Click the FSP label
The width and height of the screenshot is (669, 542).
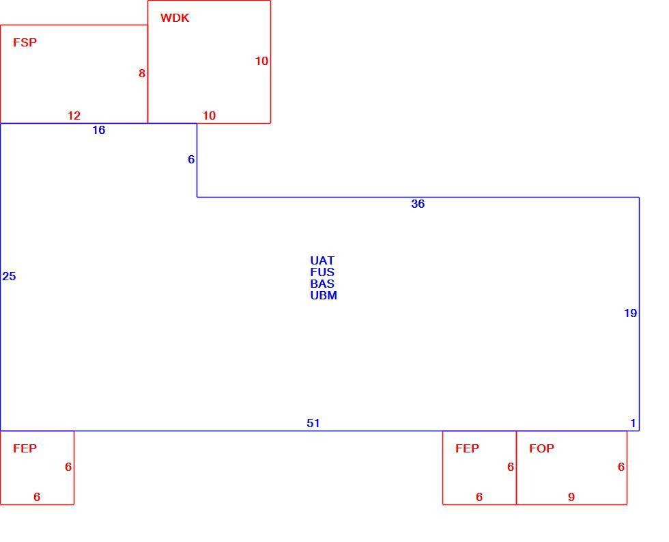pos(25,42)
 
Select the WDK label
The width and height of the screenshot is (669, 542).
pos(175,18)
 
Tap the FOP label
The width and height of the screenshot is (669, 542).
pos(542,448)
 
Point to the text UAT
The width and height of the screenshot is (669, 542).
pos(322,260)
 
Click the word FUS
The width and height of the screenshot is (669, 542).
pos(322,272)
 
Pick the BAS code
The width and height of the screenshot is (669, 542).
pos(322,284)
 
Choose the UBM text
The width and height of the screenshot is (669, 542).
pos(324,295)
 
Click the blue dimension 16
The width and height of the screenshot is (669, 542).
pos(98,130)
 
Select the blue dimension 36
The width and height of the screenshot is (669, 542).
pos(418,204)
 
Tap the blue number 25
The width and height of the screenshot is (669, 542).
pos(9,276)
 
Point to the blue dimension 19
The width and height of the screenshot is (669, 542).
pos(630,313)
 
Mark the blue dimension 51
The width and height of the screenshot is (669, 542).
pos(313,423)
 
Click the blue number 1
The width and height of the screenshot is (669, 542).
pos(634,423)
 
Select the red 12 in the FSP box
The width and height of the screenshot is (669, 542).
pos(74,116)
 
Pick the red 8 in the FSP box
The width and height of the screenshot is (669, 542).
pos(142,73)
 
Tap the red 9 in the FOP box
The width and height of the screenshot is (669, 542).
pos(571,497)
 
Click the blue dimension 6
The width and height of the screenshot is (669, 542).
pos(191,159)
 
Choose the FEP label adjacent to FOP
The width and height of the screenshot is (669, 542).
pos(467,448)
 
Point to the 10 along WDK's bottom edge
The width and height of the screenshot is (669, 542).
pos(209,116)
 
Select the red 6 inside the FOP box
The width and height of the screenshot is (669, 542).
pos(621,467)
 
